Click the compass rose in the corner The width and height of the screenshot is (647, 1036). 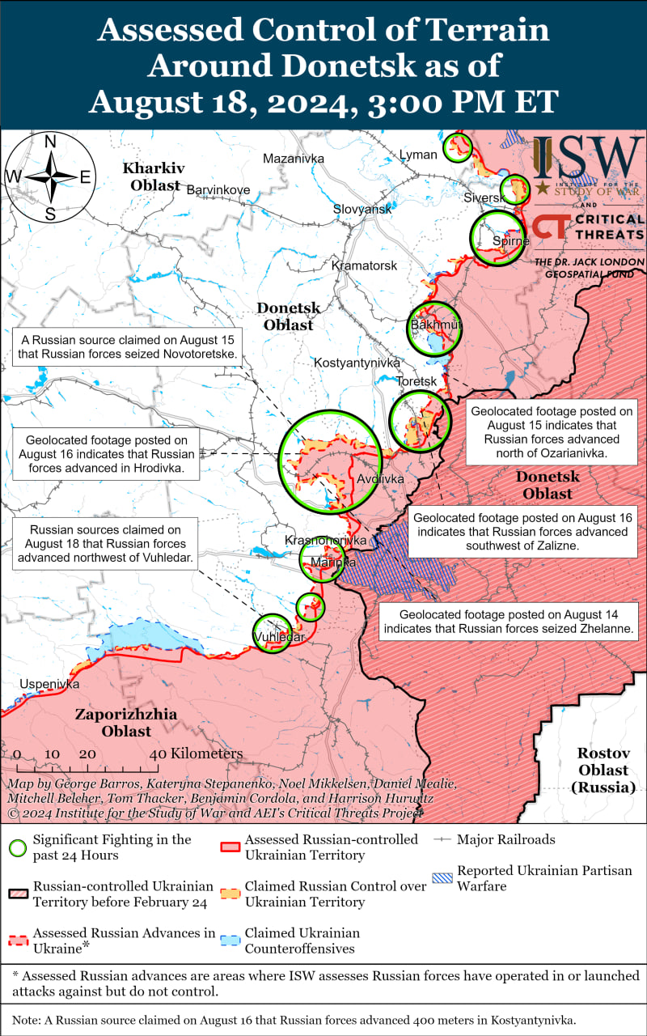pyautogui.click(x=49, y=176)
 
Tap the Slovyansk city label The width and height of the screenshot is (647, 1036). pyautogui.click(x=362, y=209)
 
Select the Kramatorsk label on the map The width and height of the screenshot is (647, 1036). pyautogui.click(x=364, y=265)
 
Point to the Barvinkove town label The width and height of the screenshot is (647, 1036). pyautogui.click(x=218, y=190)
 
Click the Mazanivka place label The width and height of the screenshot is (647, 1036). pyautogui.click(x=294, y=159)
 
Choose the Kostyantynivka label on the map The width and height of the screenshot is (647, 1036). pyautogui.click(x=357, y=363)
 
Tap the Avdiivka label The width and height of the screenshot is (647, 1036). pyautogui.click(x=380, y=479)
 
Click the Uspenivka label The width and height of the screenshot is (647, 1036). pyautogui.click(x=49, y=684)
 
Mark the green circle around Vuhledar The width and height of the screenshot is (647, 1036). pyautogui.click(x=273, y=631)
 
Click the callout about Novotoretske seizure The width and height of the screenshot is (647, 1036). pyautogui.click(x=129, y=347)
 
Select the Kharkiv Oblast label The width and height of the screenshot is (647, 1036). pyautogui.click(x=153, y=176)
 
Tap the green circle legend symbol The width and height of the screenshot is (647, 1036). pyautogui.click(x=16, y=848)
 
